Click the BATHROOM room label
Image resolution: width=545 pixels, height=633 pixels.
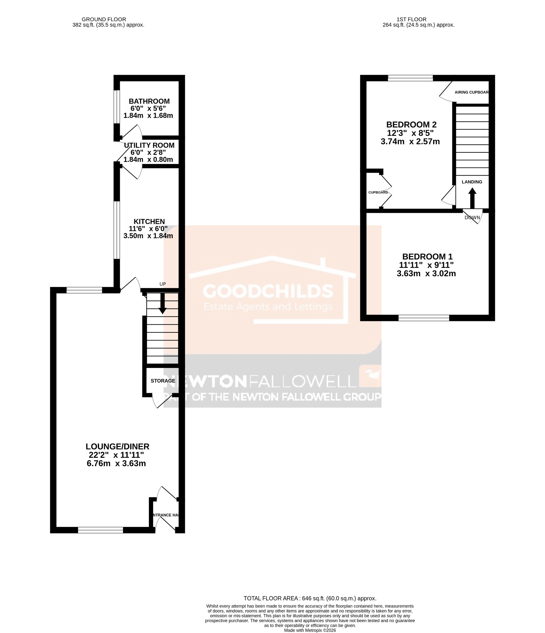coord(149,101)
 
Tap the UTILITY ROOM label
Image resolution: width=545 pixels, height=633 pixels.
coord(149,145)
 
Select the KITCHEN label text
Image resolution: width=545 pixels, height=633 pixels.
coord(149,222)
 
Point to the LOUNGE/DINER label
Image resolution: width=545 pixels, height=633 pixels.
coord(117,447)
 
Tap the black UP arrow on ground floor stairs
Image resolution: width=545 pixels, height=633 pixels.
coord(162,304)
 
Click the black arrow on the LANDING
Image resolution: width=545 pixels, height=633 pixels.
coord(472,198)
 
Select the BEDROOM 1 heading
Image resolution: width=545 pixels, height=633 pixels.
coord(427,257)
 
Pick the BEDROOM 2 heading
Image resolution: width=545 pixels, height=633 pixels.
coord(411,125)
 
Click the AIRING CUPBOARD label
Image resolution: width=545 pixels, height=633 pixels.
coord(471,92)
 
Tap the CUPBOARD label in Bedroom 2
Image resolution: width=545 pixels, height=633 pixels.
coord(378,192)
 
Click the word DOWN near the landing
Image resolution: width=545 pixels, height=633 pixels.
coord(472,218)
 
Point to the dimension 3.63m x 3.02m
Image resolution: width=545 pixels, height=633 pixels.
coord(426,274)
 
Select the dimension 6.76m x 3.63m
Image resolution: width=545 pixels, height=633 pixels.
coord(116,464)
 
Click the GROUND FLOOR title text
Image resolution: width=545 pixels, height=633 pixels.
coord(104,20)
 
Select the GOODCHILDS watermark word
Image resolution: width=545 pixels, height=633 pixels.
coord(268,291)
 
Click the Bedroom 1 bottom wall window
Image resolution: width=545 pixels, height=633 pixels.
coord(423,318)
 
